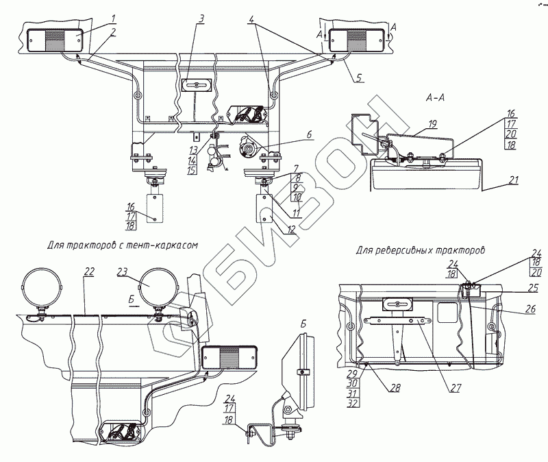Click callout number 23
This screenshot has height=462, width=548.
click(x=122, y=271)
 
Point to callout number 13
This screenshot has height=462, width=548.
click(x=192, y=150)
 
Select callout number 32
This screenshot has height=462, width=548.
click(x=353, y=403)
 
